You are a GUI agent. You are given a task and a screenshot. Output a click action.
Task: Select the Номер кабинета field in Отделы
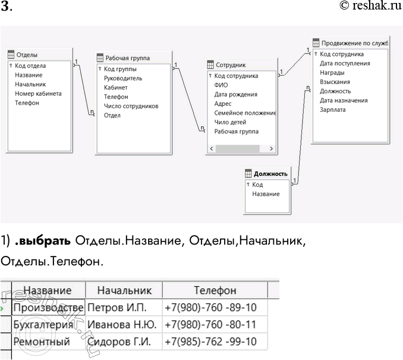pos(38,93)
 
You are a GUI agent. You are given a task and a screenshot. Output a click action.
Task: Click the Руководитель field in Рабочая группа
pos(122,78)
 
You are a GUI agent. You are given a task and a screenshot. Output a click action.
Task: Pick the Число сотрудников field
pos(131,106)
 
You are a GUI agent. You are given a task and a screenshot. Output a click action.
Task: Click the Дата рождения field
pos(235,94)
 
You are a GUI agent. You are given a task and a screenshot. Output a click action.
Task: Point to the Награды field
pos(332,73)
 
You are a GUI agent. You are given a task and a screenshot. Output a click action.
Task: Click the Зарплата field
pos(332,109)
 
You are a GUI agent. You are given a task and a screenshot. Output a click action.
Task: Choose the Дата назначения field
pos(344,101)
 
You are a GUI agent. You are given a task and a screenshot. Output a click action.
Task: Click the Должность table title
pos(270,174)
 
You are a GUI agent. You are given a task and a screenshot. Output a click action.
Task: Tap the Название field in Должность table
pos(266,194)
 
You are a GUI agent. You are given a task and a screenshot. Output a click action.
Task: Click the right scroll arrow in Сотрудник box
pos(271,149)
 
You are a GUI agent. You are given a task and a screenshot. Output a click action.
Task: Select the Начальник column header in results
pos(124,290)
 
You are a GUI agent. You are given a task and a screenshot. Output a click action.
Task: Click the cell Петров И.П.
pos(117,308)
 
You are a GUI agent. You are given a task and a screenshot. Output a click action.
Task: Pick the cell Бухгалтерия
pos(42,325)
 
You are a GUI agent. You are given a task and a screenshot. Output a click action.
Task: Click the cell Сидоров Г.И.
pos(119,342)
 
